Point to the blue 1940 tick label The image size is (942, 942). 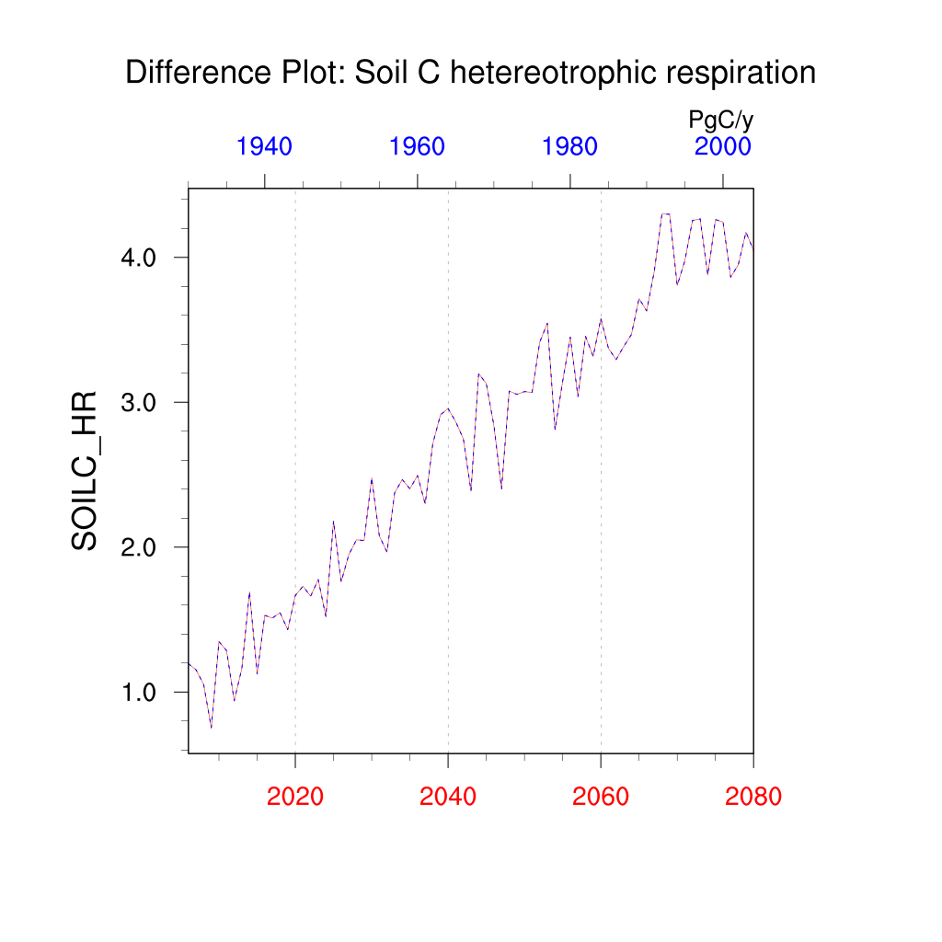point(264,146)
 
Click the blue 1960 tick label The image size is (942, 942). point(418,146)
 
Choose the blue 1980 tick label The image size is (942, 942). point(570,146)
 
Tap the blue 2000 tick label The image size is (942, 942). point(723,146)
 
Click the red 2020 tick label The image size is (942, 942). point(294,797)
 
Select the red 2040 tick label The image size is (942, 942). point(448,797)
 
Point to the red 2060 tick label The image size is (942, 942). point(601,797)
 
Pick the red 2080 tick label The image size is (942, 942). point(752,797)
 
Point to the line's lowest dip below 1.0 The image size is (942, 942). point(211,728)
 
